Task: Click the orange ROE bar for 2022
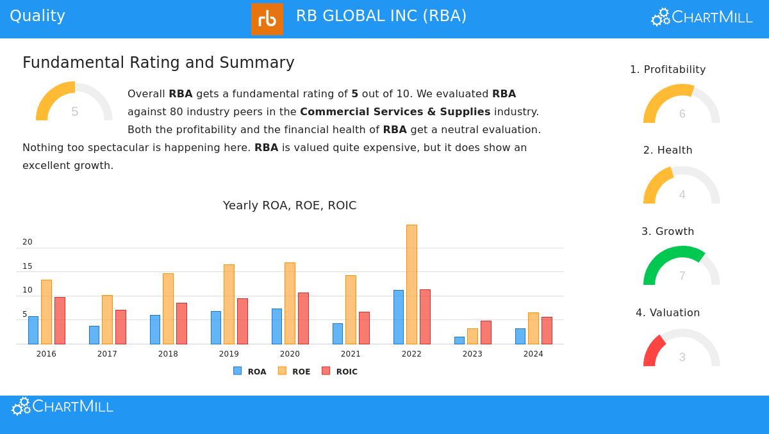coord(411,284)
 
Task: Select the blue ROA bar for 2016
coord(33,330)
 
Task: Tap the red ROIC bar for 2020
coord(303,318)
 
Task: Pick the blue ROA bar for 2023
coord(459,341)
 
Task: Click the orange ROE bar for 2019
coord(229,304)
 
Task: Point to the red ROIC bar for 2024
coord(547,330)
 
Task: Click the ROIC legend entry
coord(340,371)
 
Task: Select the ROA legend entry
coord(250,371)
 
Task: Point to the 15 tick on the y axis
coord(28,266)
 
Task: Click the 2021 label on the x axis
coord(351,354)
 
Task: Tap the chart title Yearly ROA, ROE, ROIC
coord(290,205)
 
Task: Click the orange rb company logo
coord(267,19)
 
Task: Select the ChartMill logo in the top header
coord(702,17)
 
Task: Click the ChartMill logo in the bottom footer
coord(62,406)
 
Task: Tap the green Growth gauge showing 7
coord(681,266)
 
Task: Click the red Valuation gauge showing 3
coord(681,348)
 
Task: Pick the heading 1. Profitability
coord(668,69)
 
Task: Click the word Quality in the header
coord(37,16)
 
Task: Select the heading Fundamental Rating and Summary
coord(158,63)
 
